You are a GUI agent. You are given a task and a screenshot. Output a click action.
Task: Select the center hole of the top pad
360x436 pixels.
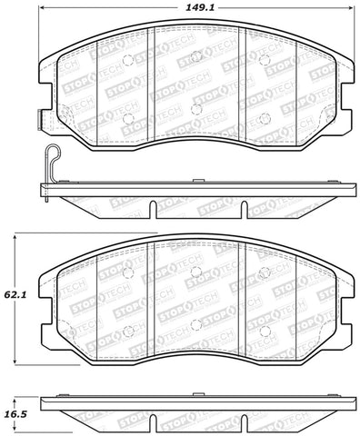point(195,109)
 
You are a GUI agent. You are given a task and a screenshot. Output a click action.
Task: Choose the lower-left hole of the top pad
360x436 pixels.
point(128,117)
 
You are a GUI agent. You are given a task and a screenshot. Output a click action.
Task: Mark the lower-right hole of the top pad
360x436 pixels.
point(263,117)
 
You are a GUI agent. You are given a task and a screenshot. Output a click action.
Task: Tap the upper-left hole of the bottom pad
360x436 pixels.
point(128,272)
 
